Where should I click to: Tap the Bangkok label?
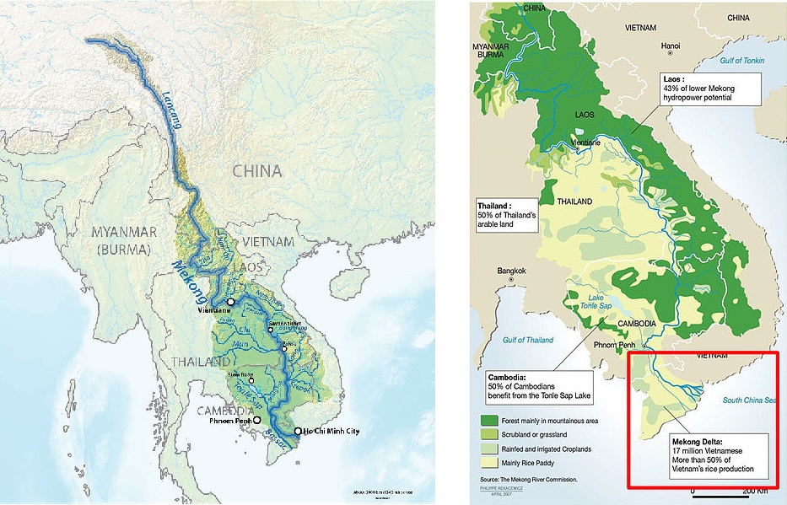click(x=511, y=271)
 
